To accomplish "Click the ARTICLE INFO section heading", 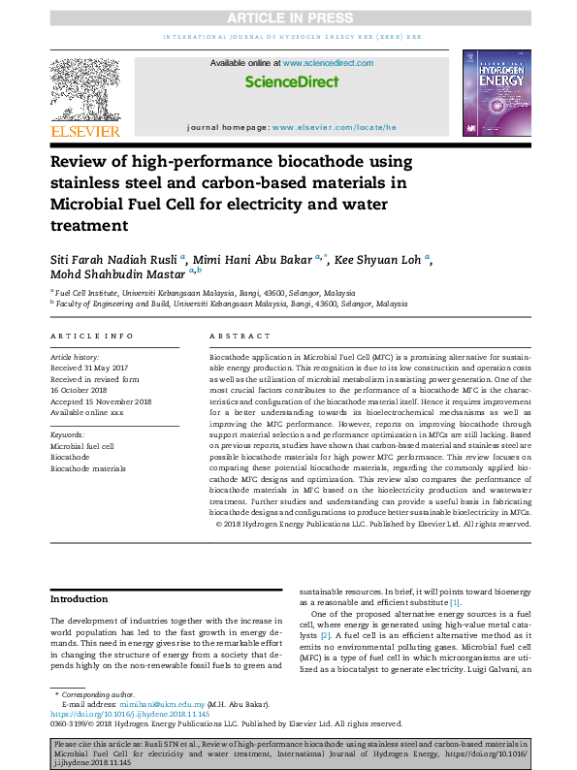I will pos(91,336).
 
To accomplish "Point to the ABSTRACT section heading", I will pos(244,336).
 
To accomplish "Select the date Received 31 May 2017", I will pos(89,368).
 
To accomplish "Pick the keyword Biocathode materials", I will pos(88,468).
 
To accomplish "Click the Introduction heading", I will pos(79,597).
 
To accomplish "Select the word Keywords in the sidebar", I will pos(68,434).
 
